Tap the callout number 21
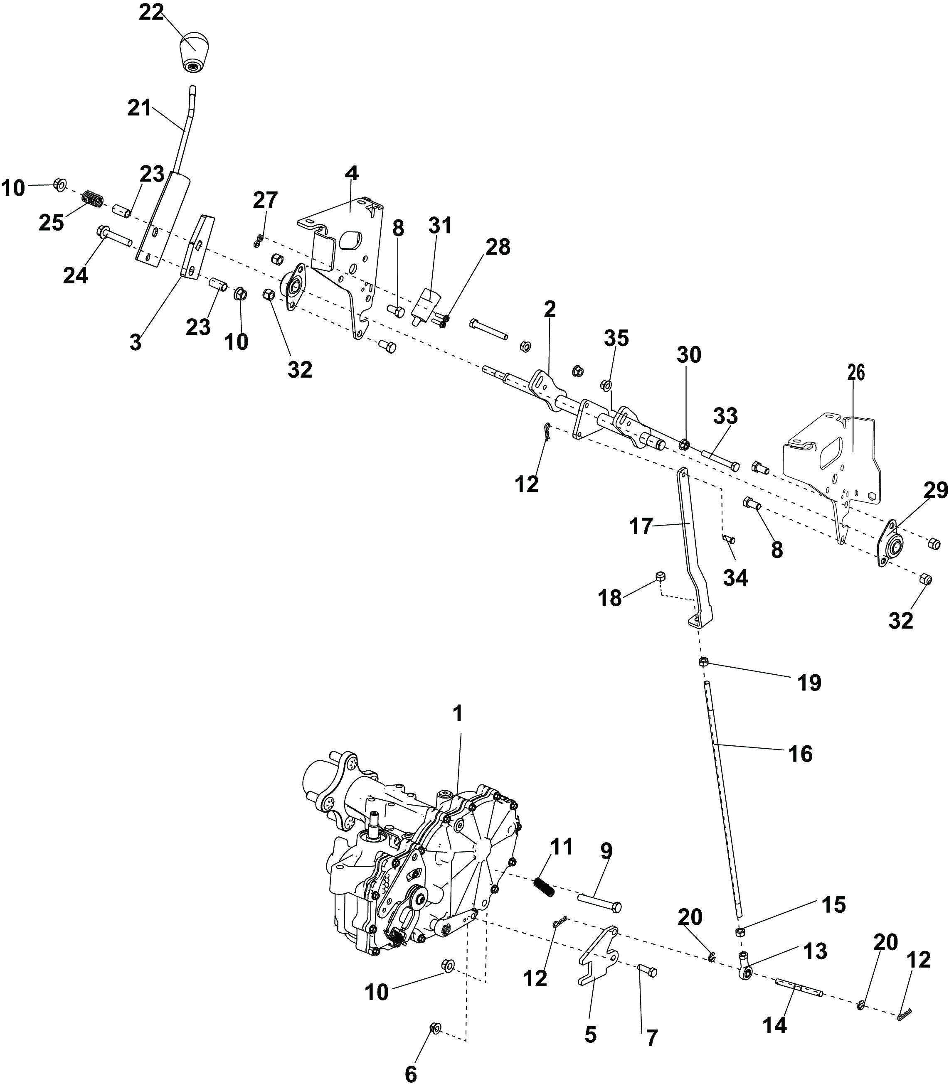coord(140,108)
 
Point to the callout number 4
coord(352,173)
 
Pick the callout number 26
coord(856,373)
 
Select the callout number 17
coord(640,527)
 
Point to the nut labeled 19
coord(703,662)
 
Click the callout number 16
coord(800,753)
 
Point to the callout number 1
coord(458,714)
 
